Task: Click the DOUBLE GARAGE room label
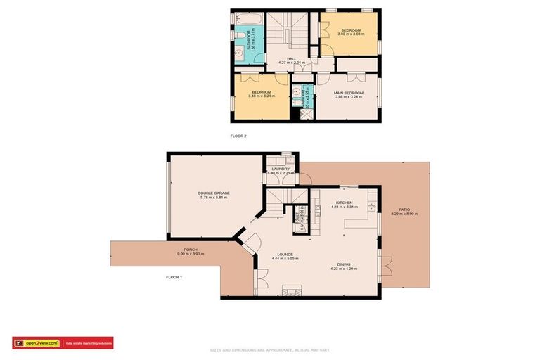(x=214, y=193)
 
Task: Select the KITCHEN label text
(x=345, y=202)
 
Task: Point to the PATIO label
(x=404, y=209)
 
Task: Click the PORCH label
(x=191, y=250)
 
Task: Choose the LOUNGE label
(x=285, y=254)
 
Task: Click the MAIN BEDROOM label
(x=349, y=93)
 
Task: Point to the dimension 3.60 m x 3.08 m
(x=351, y=34)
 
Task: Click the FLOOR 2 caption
(x=239, y=136)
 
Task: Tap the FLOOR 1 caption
(x=174, y=277)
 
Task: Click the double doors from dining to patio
(x=385, y=267)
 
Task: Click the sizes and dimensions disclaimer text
(x=269, y=349)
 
